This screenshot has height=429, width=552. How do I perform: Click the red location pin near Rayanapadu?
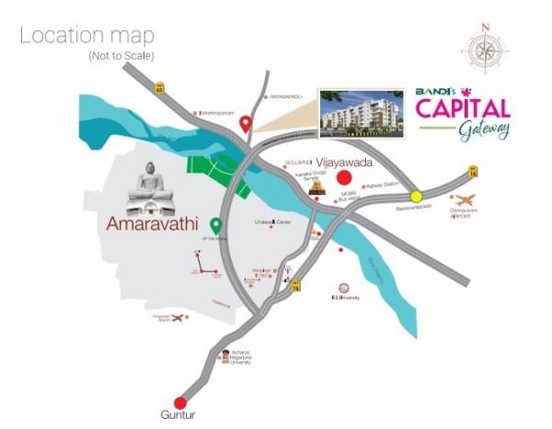(245, 125)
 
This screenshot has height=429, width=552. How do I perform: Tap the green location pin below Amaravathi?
(216, 225)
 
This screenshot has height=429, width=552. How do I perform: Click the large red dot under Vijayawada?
(346, 178)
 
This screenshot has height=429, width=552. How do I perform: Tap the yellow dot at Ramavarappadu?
(416, 195)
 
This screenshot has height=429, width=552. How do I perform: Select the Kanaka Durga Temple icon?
(317, 186)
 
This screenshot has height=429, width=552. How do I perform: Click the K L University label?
(343, 298)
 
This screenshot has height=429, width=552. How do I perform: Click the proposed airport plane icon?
(178, 317)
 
